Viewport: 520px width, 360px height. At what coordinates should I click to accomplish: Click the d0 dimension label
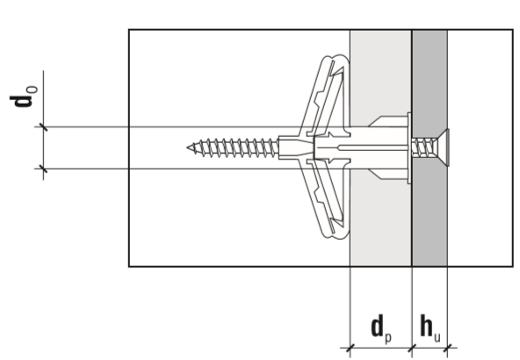coord(23,97)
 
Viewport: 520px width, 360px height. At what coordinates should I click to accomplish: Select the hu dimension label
coord(430,328)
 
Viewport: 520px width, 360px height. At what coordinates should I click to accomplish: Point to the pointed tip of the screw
coord(188,148)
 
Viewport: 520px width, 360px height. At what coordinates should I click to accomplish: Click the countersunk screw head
coord(444,148)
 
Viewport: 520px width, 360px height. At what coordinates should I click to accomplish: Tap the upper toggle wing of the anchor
coord(327,95)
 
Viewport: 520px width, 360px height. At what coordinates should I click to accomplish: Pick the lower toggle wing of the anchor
coord(327,200)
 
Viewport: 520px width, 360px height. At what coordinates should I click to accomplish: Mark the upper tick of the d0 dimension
coord(43,127)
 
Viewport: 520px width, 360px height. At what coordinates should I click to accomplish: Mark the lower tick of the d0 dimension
coord(43,169)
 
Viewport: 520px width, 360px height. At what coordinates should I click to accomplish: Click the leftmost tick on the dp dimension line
coord(350,348)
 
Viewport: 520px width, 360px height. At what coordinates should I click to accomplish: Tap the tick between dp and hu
coord(412,348)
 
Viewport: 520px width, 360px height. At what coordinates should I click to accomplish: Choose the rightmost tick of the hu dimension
coord(447,348)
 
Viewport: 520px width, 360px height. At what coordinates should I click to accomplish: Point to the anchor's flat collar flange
coord(409,148)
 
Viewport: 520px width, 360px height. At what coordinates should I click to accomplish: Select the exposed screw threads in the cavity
coord(234,148)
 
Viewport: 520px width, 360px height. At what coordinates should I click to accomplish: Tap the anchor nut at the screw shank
coord(296,148)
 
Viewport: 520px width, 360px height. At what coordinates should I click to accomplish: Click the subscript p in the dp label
coord(388,337)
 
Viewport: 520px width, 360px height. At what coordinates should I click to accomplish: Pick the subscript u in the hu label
coord(437,337)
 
